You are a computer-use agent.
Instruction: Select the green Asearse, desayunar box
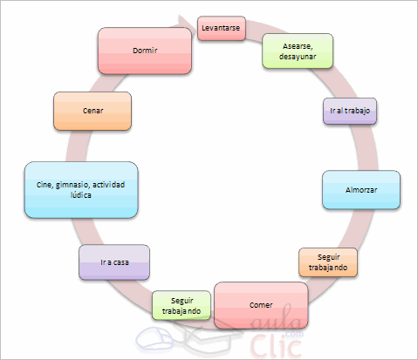tap(299, 51)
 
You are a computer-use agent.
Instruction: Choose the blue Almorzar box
tap(361, 190)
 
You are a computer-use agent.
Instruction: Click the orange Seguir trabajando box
tap(327, 262)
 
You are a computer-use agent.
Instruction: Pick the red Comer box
tap(261, 305)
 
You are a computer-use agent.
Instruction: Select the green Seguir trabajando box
tap(182, 305)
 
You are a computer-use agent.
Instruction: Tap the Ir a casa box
tap(113, 262)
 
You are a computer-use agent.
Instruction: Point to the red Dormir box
tap(144, 50)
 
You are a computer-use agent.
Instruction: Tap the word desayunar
tap(299, 58)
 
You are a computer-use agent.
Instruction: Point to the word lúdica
tap(81, 196)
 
